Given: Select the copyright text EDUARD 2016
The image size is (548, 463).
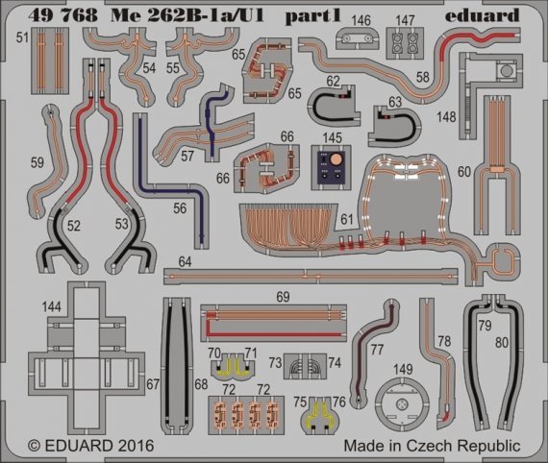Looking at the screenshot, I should coord(85,447).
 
